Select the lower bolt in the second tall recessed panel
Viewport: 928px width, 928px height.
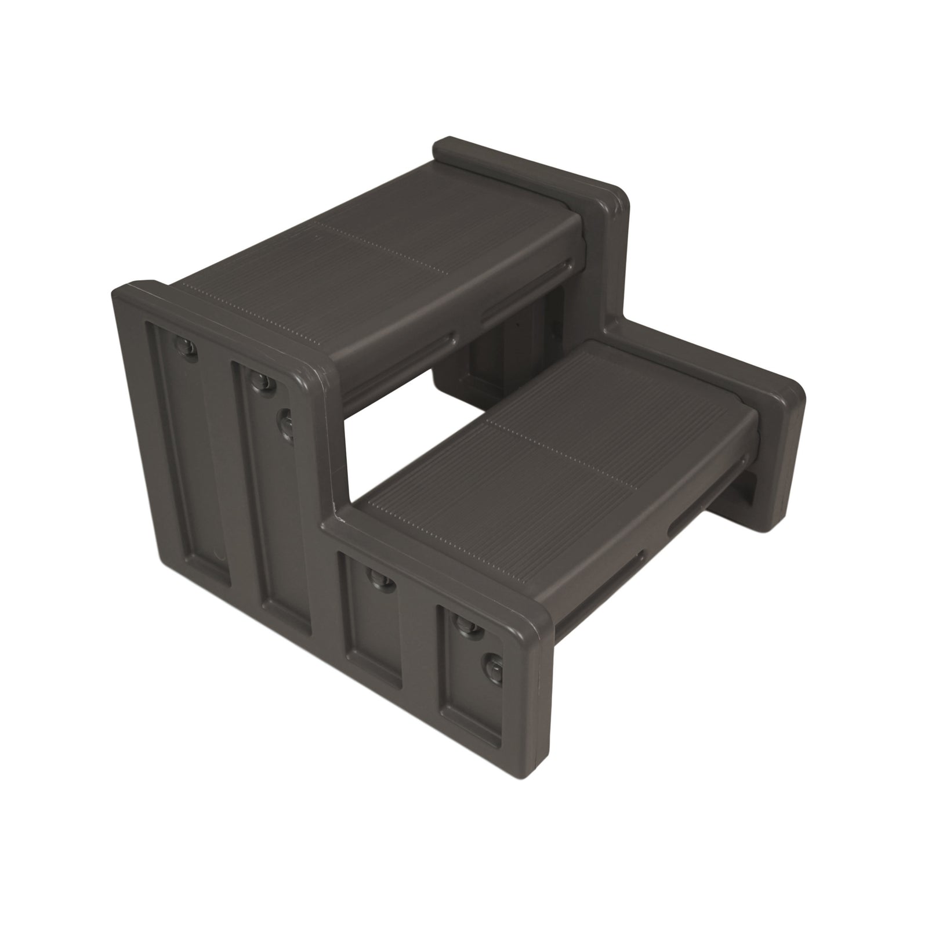point(287,419)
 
